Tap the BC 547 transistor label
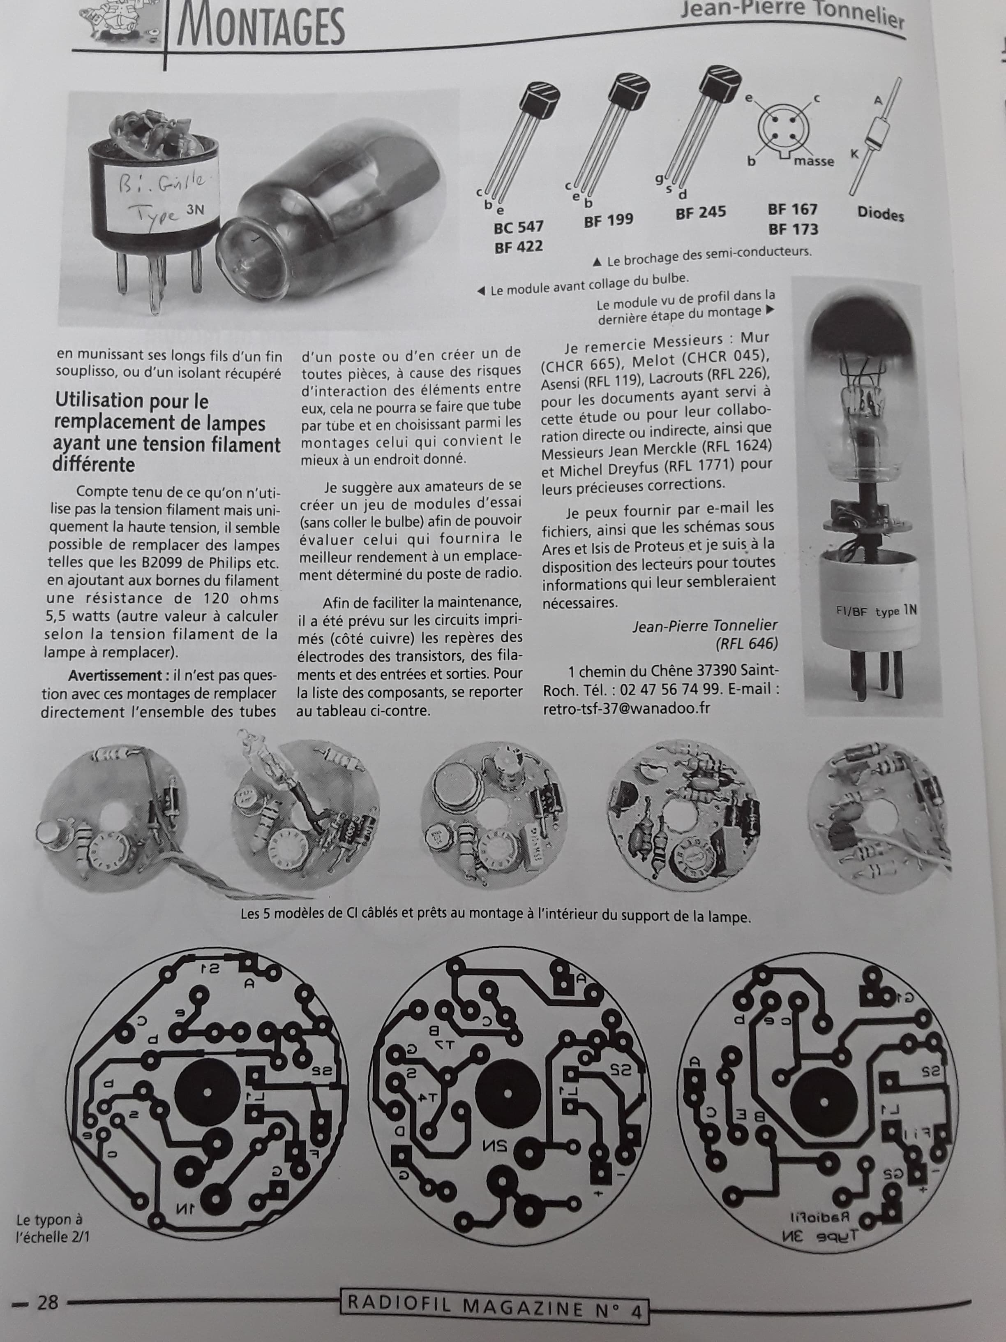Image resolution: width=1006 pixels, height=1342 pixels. pos(519,227)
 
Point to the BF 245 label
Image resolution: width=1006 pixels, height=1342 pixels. pos(701,213)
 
